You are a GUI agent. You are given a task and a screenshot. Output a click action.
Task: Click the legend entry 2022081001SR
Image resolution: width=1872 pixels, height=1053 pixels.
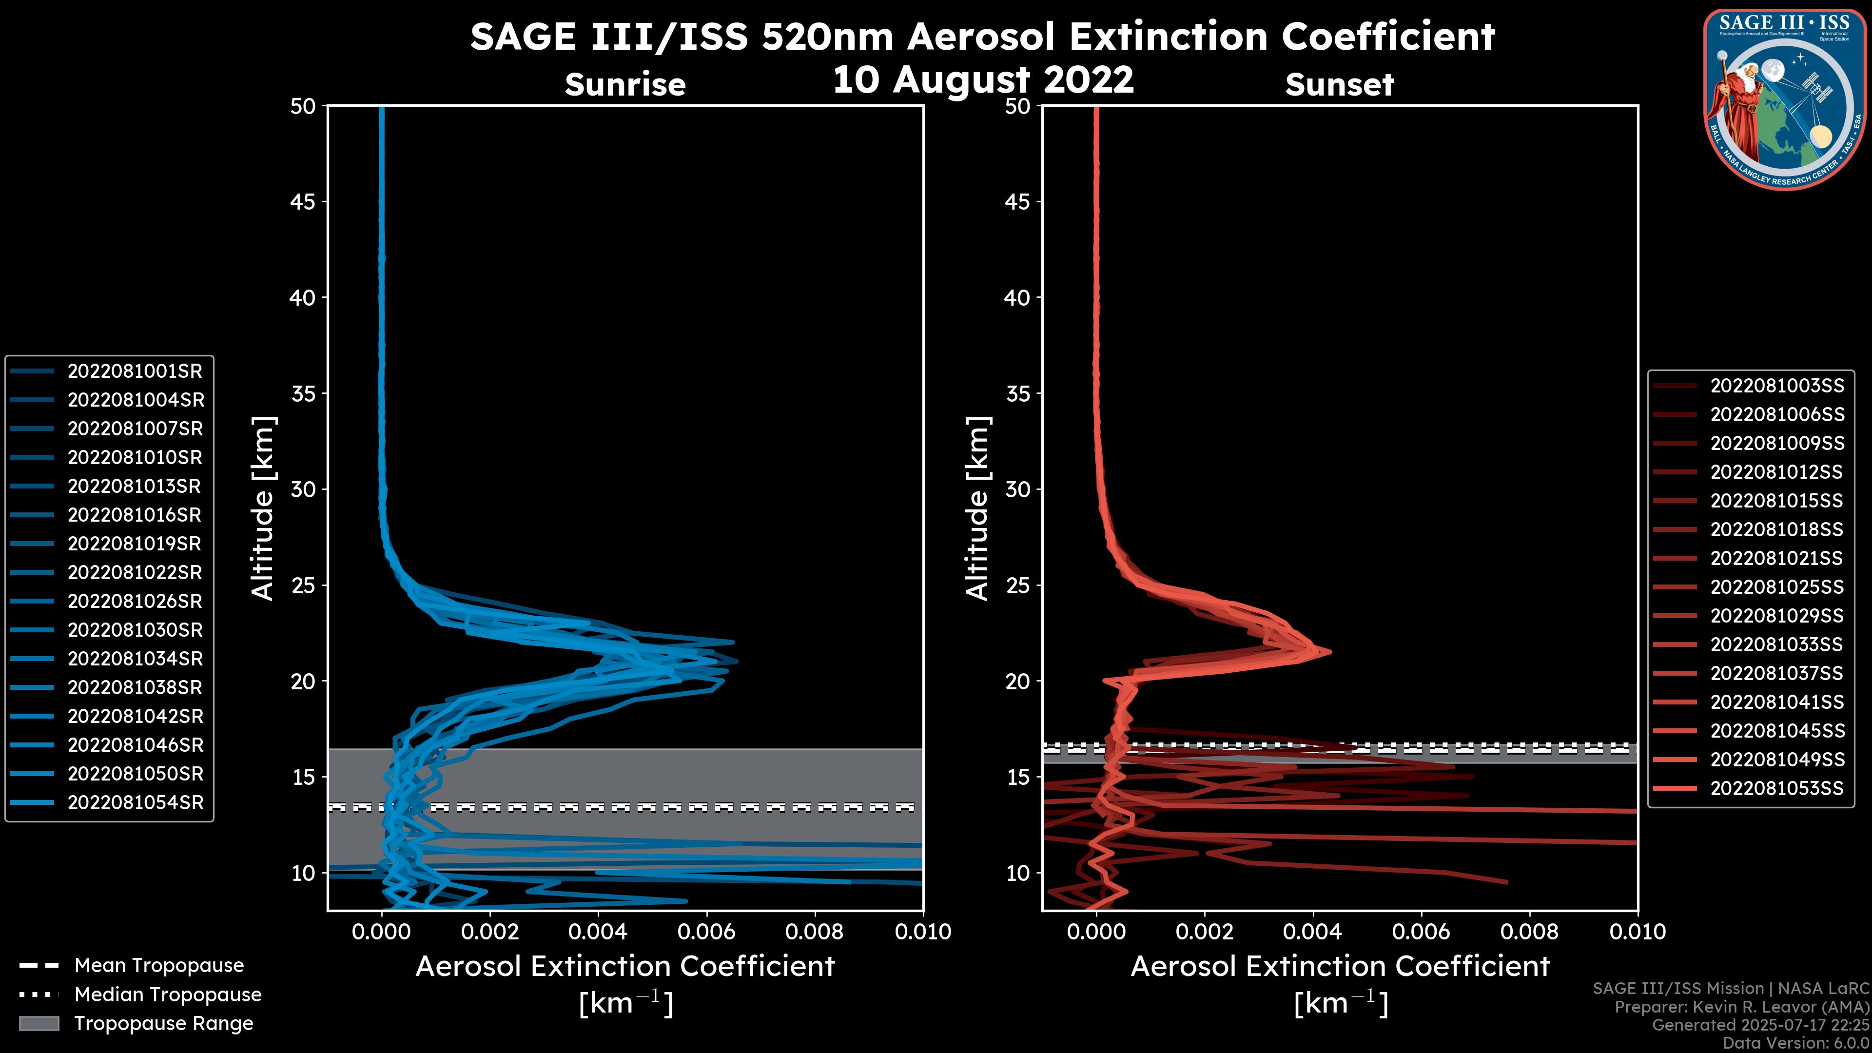135,371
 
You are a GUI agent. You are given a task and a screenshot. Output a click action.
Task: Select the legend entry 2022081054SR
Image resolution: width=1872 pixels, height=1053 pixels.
135,803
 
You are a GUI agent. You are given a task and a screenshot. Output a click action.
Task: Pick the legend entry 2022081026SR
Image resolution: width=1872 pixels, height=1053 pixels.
135,602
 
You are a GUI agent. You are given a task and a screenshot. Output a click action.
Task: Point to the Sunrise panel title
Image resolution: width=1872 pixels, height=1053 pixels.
625,85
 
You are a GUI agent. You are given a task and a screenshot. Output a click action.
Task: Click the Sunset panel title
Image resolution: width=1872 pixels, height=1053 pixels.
1339,85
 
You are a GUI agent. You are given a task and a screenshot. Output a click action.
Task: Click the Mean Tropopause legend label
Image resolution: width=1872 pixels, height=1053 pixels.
159,966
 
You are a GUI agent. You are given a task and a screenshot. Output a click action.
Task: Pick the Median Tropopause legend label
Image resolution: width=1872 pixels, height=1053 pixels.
168,995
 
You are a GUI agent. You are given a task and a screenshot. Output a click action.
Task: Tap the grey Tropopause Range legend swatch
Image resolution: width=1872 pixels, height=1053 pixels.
39,1024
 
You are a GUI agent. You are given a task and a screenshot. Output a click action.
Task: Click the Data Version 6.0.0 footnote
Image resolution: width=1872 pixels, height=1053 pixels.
1796,1044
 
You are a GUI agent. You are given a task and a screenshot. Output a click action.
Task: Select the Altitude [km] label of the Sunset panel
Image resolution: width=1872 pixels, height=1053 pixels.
977,508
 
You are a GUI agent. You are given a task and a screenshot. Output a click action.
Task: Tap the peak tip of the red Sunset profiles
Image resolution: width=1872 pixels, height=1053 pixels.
1330,652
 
